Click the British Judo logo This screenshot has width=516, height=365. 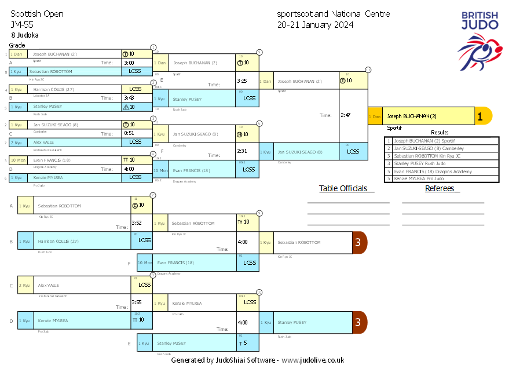point(479,41)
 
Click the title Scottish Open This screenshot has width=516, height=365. point(37,14)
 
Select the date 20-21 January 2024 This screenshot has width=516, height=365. point(315,25)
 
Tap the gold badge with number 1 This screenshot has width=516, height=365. point(481,116)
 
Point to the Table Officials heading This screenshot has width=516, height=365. point(343,188)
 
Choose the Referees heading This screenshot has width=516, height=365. point(442,188)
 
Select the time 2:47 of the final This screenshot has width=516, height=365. point(346,115)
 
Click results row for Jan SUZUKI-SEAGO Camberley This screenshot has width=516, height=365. point(428,148)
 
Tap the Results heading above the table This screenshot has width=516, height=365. point(440,133)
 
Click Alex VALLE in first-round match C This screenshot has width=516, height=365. point(43,142)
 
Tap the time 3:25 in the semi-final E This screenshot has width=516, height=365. point(242,81)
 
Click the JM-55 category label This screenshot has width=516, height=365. point(21,25)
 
